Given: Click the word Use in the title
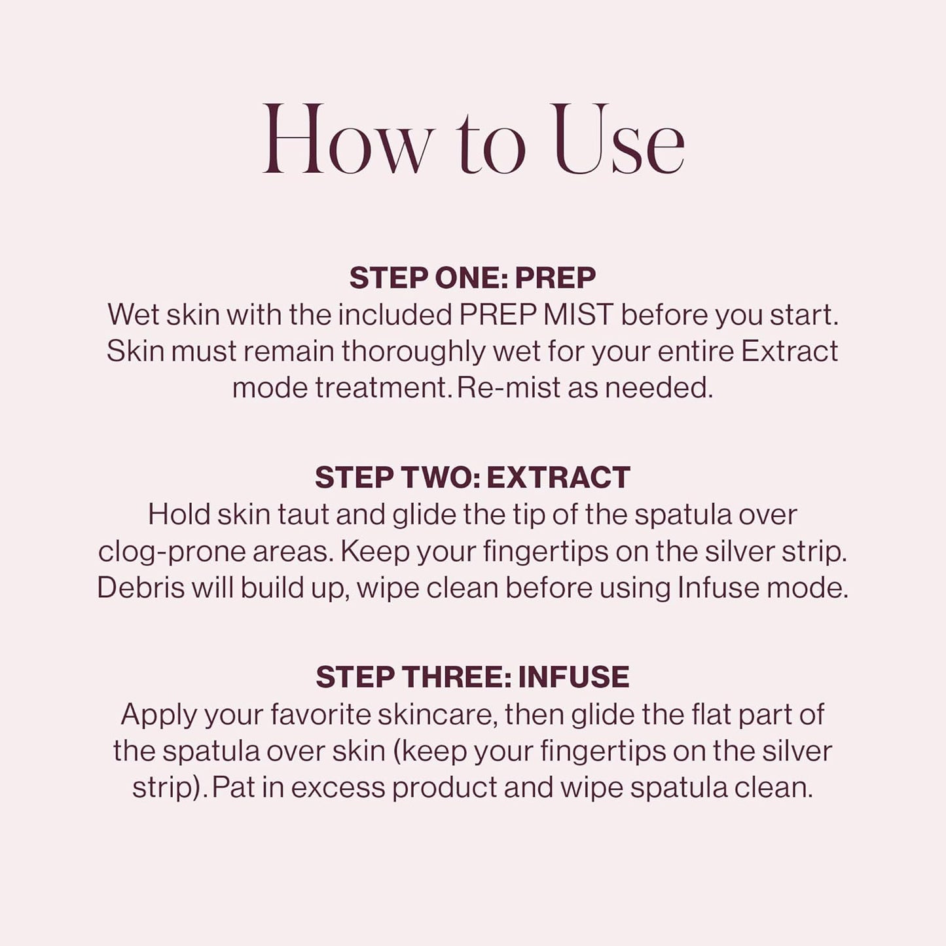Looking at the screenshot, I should [619, 141].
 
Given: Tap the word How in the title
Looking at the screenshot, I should [347, 141].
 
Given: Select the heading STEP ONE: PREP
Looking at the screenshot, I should [473, 278].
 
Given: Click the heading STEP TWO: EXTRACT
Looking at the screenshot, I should [473, 478].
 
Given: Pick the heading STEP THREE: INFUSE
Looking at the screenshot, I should [473, 678].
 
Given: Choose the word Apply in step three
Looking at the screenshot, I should [158, 715].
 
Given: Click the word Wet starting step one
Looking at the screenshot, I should [133, 315].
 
